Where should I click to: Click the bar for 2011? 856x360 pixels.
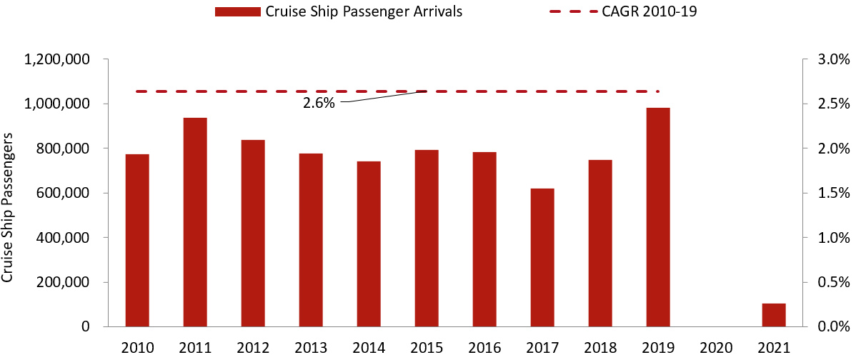(x=195, y=222)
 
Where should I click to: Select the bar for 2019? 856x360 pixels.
(x=658, y=217)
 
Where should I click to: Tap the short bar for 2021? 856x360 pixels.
(x=774, y=315)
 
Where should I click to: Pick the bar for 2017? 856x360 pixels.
(x=542, y=257)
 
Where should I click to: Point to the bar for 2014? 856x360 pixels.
(x=369, y=244)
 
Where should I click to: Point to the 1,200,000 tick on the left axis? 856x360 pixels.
(x=56, y=60)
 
